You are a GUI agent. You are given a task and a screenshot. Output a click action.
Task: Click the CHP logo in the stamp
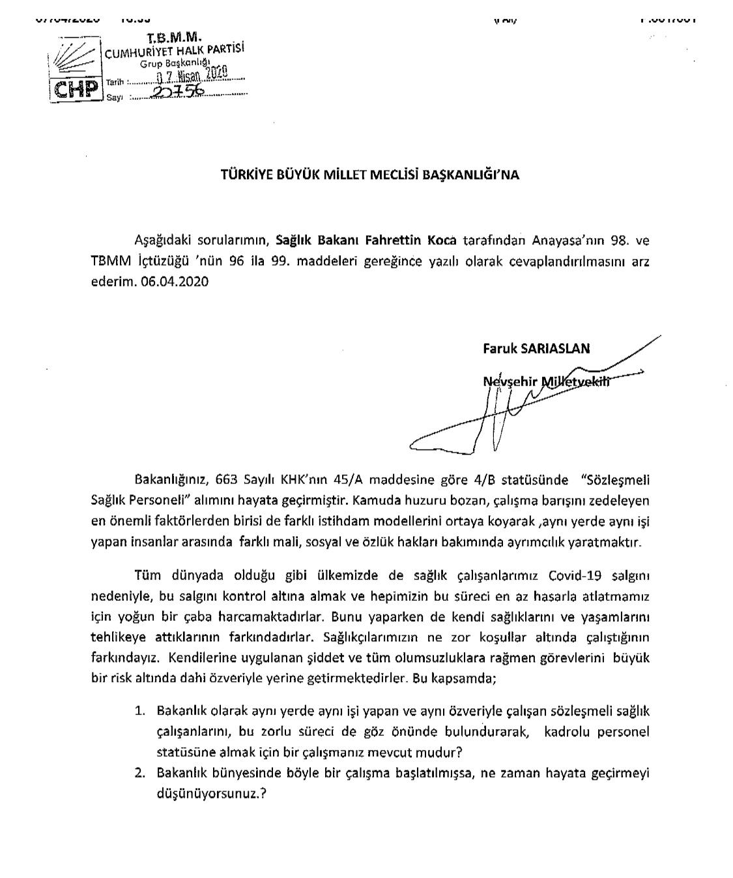pos(76,89)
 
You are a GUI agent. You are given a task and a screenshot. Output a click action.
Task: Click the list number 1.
pos(139,711)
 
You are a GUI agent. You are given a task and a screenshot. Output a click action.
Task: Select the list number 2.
pos(139,774)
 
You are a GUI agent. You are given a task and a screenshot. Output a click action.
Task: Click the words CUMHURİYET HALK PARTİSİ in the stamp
pos(175,53)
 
